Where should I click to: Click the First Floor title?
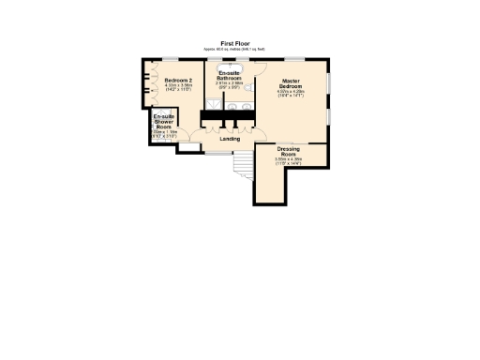234,43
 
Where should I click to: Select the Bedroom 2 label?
177,81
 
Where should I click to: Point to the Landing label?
230,139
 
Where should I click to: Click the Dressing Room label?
289,151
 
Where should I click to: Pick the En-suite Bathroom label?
230,75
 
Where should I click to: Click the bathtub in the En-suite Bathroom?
231,67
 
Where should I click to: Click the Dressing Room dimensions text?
289,161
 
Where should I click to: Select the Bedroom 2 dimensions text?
177,88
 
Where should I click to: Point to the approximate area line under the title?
234,49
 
